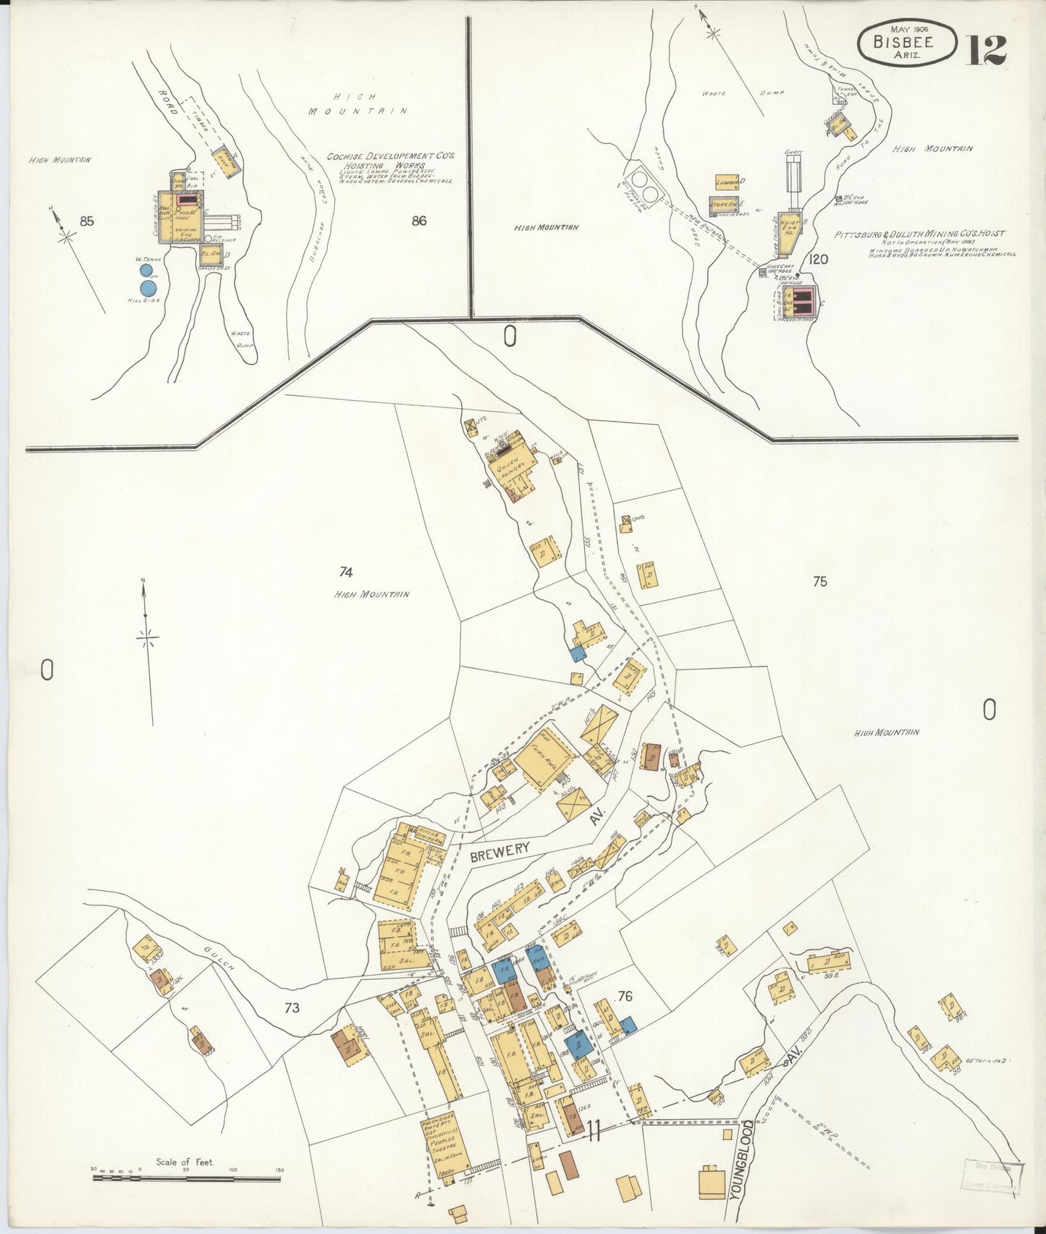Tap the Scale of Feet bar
click(x=186, y=1179)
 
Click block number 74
click(x=346, y=572)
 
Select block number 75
click(x=819, y=581)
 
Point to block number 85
click(x=87, y=221)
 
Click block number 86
click(x=418, y=221)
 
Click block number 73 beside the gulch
click(x=292, y=1008)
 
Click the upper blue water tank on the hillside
click(x=147, y=271)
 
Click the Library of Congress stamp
click(x=991, y=1177)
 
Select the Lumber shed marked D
click(x=727, y=182)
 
